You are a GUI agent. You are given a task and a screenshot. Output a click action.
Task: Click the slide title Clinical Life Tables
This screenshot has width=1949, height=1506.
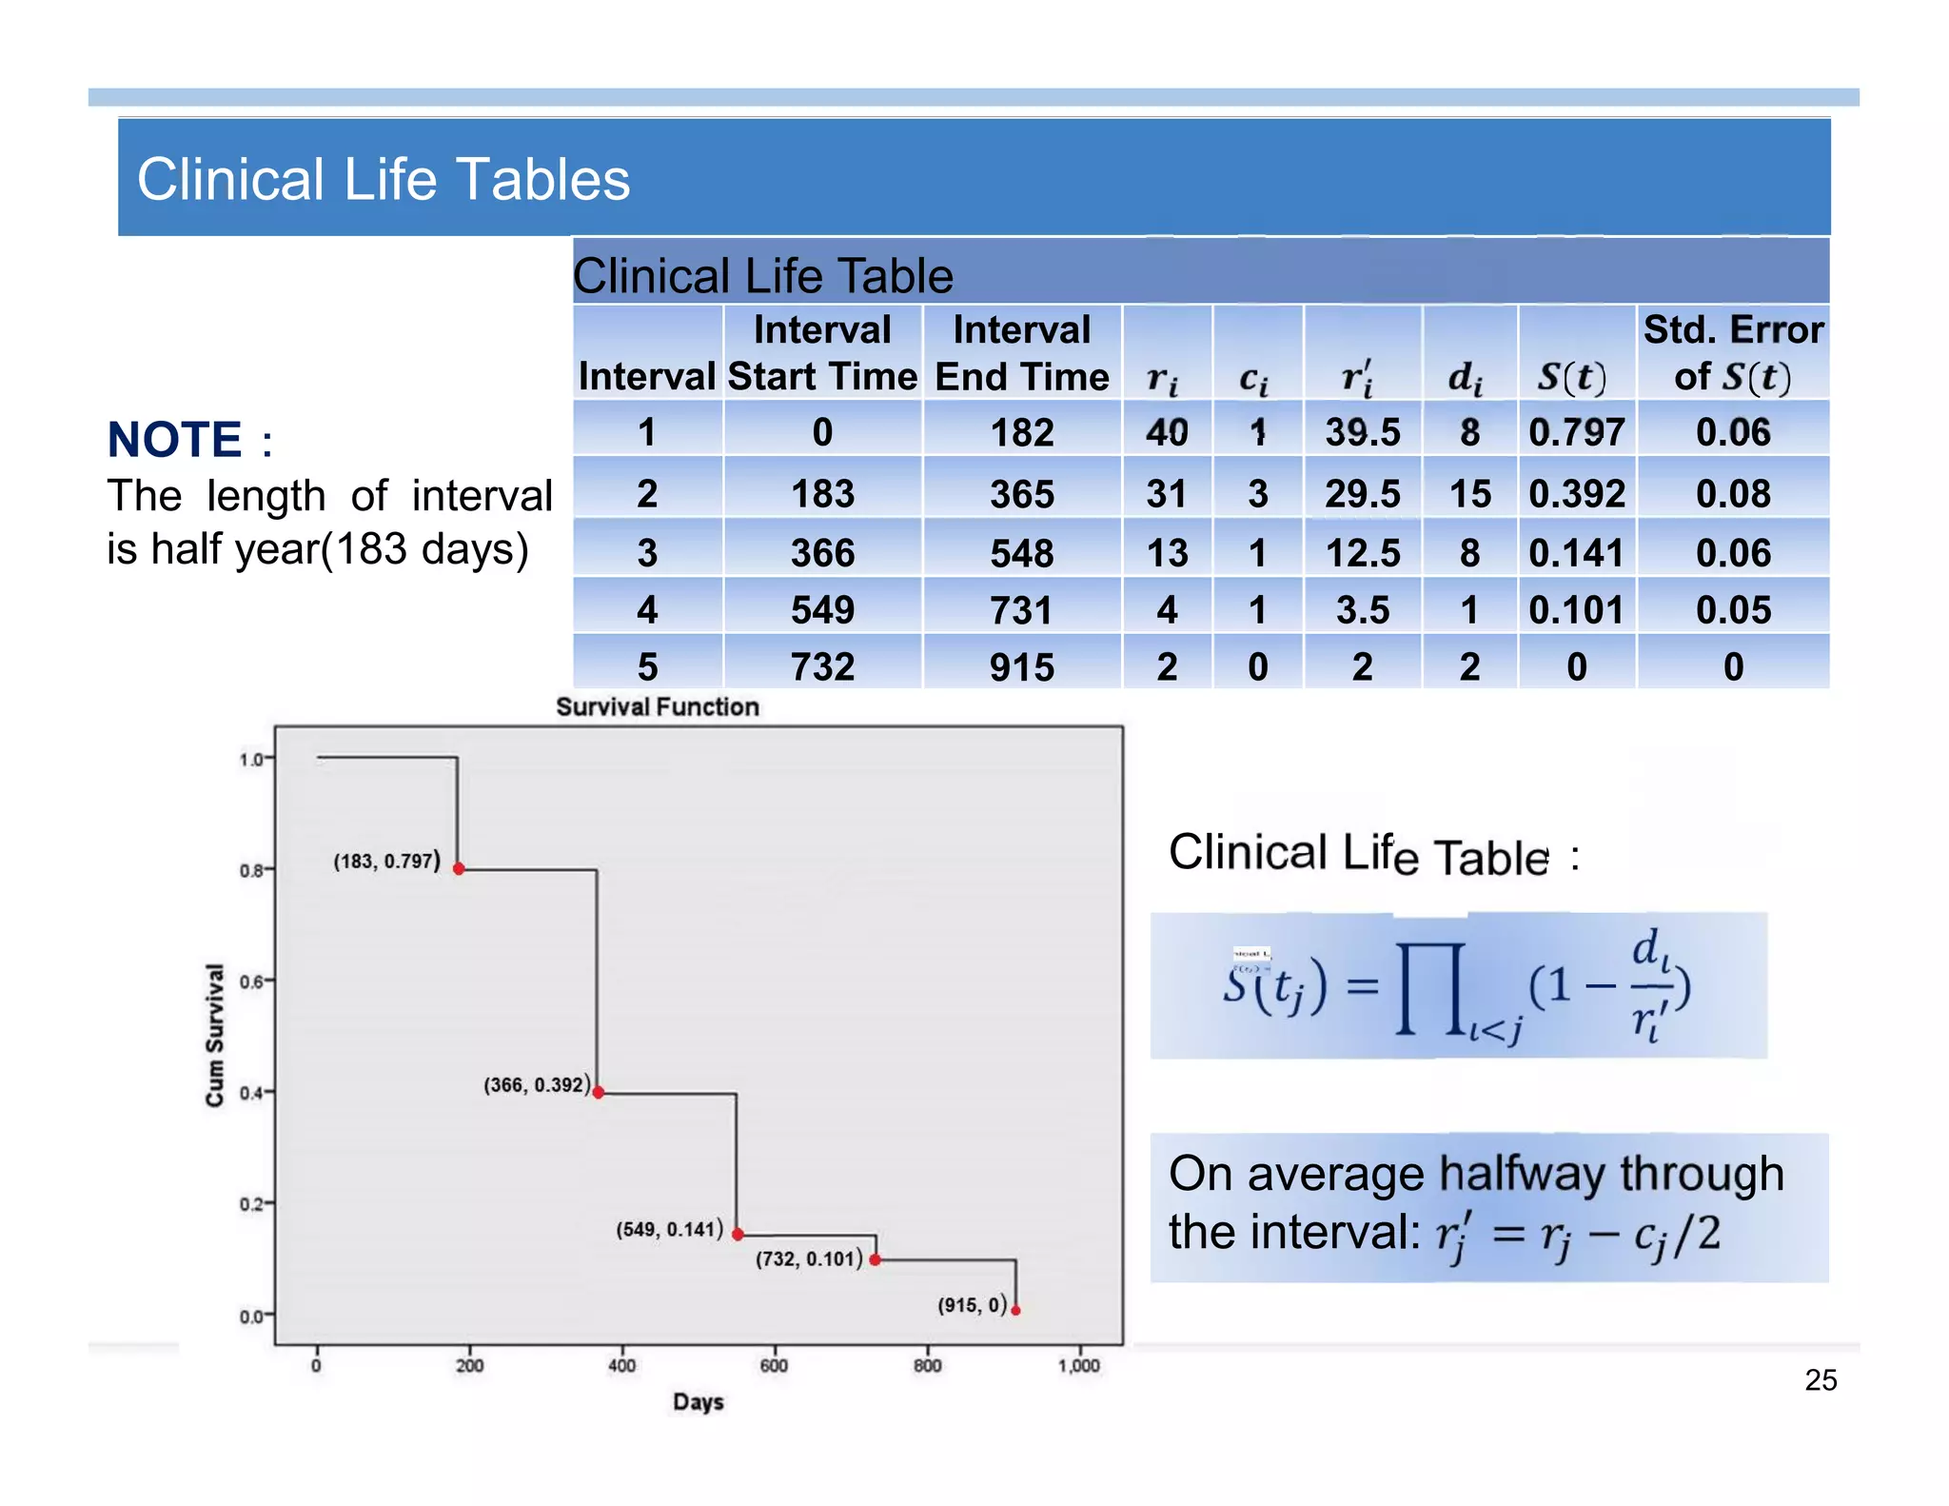[x=384, y=179]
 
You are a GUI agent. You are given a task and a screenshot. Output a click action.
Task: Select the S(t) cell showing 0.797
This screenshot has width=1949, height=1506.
[x=1576, y=433]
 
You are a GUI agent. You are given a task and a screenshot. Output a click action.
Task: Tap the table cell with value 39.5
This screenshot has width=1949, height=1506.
[x=1363, y=433]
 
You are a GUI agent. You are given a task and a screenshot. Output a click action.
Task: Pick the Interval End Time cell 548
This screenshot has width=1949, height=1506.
[x=1021, y=553]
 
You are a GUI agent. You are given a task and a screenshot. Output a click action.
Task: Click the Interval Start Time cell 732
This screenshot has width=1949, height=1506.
[x=822, y=666]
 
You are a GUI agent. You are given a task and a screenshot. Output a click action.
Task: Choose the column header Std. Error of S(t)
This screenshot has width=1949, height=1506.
[x=1733, y=353]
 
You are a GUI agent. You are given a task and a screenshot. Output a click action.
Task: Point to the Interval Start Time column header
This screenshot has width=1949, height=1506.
[x=822, y=353]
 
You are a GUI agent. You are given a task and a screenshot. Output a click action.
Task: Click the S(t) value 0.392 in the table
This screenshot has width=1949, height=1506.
[x=1576, y=494]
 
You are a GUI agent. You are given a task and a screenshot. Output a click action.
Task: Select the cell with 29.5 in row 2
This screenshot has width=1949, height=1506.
[x=1363, y=494]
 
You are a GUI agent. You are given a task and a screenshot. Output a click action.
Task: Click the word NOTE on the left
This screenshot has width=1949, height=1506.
[x=175, y=440]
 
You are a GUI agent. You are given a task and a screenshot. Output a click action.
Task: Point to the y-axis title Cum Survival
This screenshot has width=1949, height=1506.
[x=215, y=1035]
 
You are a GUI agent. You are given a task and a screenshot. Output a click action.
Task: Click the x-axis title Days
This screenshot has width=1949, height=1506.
[x=699, y=1402]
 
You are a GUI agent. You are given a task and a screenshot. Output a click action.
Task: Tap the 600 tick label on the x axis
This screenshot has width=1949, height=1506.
[x=774, y=1366]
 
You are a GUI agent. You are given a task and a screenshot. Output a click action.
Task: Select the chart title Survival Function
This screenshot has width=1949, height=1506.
[x=658, y=707]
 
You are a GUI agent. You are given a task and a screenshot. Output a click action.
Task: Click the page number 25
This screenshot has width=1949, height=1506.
[x=1820, y=1380]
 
